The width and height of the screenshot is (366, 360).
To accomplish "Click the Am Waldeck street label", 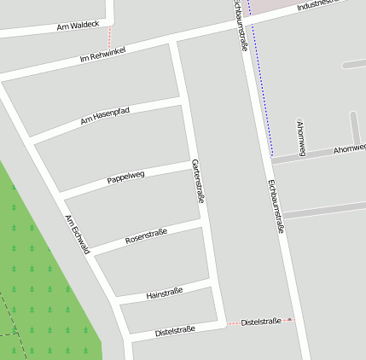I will [x=78, y=27].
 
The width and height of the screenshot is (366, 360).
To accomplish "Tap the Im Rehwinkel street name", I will [x=102, y=54].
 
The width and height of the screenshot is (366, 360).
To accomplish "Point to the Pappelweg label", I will [x=125, y=177].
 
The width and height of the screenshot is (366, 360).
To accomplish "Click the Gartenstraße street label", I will [x=199, y=181].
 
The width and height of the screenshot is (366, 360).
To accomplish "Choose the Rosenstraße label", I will [x=146, y=235].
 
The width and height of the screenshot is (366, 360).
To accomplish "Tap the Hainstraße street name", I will [x=165, y=292].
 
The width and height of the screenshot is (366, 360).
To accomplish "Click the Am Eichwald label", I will [x=77, y=234].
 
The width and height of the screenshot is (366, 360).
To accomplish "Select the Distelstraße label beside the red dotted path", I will [x=261, y=322].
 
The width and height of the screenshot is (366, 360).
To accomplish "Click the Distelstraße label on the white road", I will [x=175, y=329].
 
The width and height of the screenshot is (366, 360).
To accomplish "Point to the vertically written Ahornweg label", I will [x=300, y=137].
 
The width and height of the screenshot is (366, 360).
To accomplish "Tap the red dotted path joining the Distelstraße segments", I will [x=232, y=323].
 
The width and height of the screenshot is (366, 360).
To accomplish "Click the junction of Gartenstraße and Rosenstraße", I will [x=201, y=219].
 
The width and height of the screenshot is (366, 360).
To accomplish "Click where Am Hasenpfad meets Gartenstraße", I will [x=181, y=102].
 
